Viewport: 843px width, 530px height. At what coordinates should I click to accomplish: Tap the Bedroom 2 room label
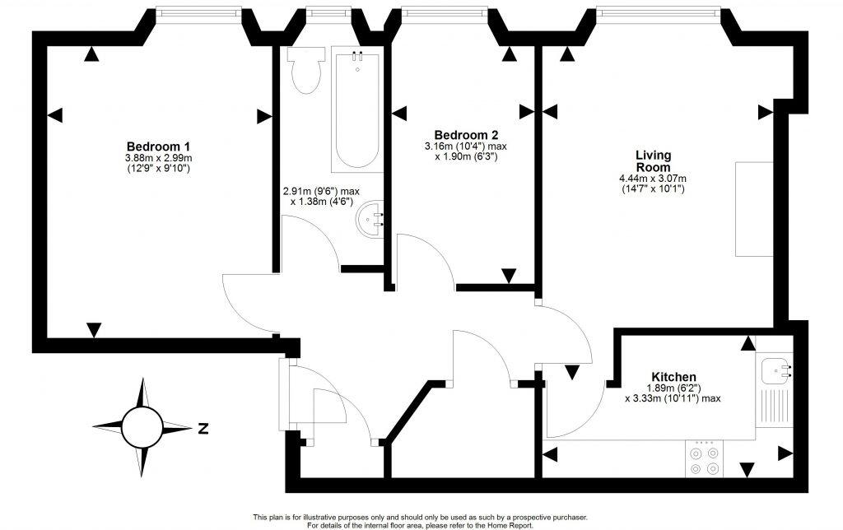465,135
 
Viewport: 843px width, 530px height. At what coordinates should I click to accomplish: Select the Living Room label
654,160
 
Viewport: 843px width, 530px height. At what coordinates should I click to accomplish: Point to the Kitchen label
673,377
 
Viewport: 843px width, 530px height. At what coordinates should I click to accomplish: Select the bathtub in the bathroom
357,107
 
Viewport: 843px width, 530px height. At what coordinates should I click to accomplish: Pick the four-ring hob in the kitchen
704,458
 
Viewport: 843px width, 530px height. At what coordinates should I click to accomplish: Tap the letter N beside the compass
203,428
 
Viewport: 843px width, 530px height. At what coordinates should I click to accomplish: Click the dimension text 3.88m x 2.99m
158,158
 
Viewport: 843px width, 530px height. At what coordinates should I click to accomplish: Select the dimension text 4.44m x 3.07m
654,179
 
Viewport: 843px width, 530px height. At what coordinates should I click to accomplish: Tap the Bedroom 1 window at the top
198,12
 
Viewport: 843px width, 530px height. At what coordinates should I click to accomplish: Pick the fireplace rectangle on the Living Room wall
751,209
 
